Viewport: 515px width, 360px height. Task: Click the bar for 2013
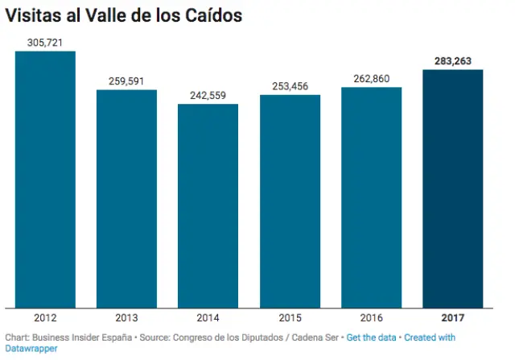[x=126, y=198]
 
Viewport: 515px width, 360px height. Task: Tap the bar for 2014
[x=208, y=205]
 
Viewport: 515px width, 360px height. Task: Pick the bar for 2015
[x=290, y=201]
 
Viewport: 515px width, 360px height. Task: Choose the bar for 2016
[x=371, y=197]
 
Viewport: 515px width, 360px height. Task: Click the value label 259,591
[x=126, y=81]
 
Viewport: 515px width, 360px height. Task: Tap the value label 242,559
[x=208, y=95]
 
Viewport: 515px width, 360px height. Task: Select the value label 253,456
[x=290, y=86]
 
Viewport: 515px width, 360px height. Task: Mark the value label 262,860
[x=371, y=78]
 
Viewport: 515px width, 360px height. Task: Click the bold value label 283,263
[x=452, y=60]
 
